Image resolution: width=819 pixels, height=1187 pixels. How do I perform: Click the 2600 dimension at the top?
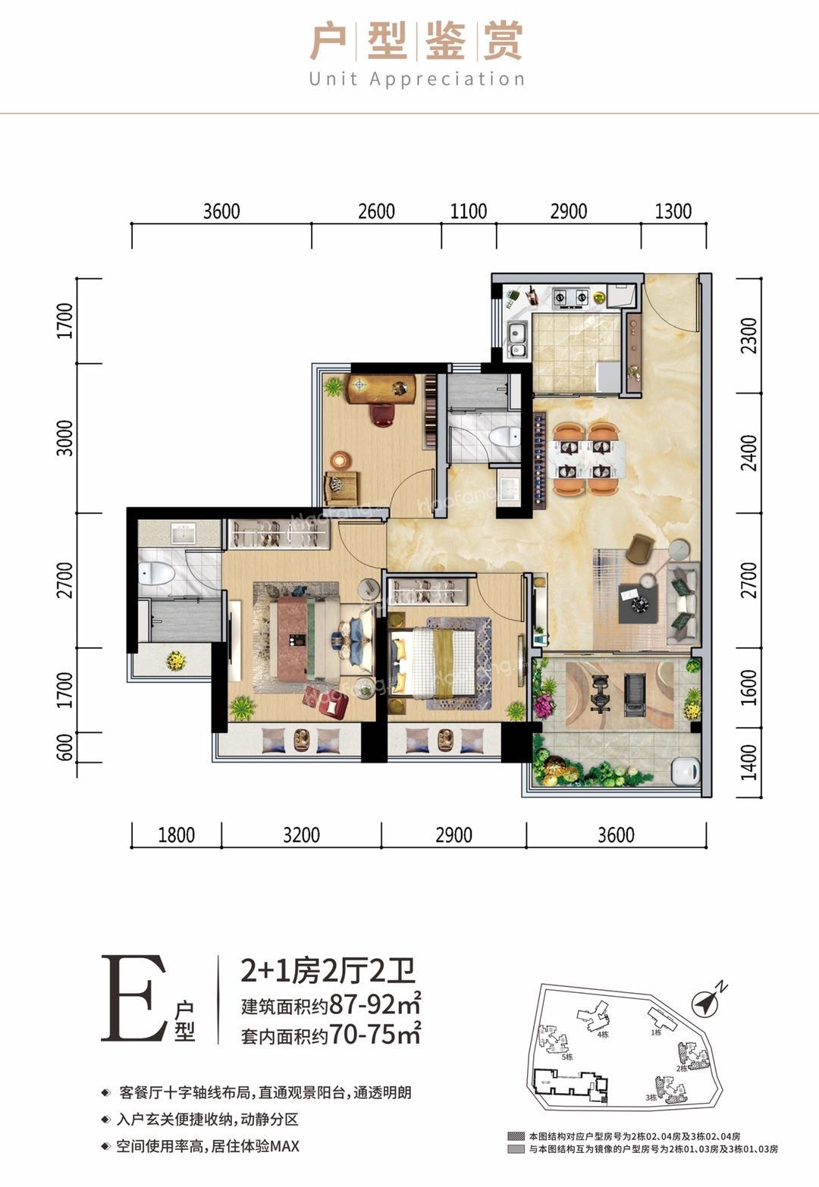[376, 211]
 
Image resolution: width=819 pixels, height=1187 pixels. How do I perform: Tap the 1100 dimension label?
[469, 211]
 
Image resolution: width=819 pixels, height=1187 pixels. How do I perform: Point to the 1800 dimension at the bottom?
[176, 835]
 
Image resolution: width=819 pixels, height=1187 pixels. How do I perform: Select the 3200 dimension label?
[301, 835]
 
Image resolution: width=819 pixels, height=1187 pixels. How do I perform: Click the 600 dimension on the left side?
[65, 747]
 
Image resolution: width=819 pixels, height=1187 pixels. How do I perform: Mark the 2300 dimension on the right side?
[749, 335]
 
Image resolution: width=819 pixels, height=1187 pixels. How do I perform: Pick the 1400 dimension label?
[749, 762]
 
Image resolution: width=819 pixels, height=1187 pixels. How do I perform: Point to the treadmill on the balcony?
[634, 694]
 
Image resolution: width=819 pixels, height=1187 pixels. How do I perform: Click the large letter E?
[133, 998]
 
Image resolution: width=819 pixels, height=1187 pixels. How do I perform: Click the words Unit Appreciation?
[416, 79]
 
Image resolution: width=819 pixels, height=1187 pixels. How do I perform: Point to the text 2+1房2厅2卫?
[328, 970]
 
